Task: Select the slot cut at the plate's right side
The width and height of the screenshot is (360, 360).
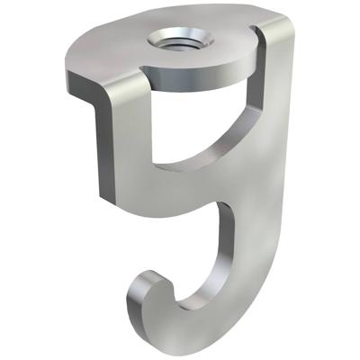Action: point(255,34)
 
